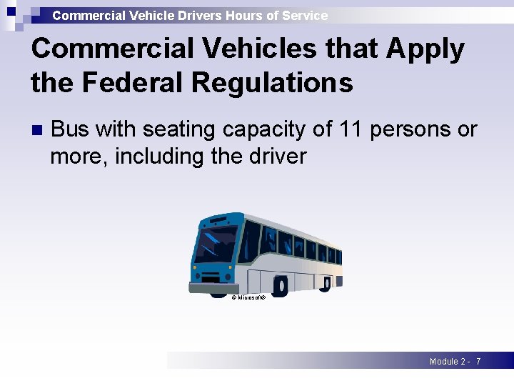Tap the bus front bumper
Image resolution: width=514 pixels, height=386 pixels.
tap(209, 287)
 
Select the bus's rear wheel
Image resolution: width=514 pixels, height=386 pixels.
tap(325, 285)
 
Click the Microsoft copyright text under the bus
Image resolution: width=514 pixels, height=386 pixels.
tap(248, 297)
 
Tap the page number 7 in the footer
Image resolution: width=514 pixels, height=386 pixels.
tap(478, 362)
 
